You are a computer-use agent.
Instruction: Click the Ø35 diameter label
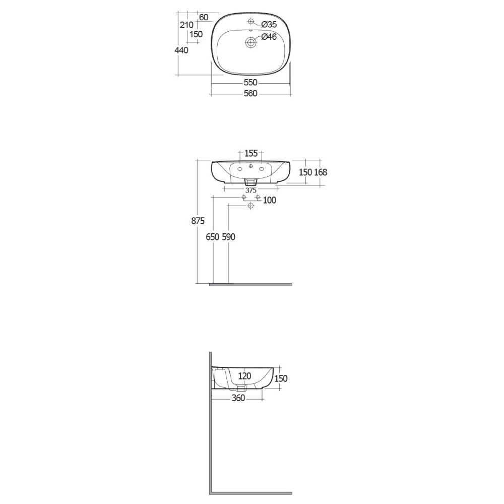coord(269,24)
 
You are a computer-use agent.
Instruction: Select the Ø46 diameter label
coord(269,36)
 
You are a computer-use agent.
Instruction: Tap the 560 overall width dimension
coord(250,93)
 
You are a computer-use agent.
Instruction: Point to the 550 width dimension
coord(250,82)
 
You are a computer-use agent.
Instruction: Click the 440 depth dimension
coord(181,50)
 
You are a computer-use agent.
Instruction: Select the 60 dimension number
coord(204,17)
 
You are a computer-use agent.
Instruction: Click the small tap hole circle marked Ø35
coord(251,23)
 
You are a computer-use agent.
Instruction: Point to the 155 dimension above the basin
coord(250,153)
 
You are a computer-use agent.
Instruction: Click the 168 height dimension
coord(321,172)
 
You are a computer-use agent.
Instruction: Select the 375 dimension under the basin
coord(250,190)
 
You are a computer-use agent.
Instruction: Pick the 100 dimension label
coord(270,201)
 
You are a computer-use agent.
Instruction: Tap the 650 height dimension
coord(212,237)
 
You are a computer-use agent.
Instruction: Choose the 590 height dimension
coord(228,237)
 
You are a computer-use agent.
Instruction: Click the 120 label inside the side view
coord(244,375)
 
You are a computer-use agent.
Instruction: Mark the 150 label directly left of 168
coord(306,172)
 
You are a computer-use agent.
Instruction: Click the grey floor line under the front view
coord(250,284)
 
